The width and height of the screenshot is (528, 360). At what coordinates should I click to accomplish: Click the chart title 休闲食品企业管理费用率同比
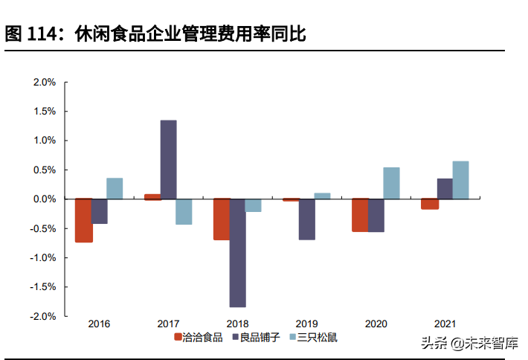190,34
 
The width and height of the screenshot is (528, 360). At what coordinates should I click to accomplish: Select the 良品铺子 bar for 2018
238,253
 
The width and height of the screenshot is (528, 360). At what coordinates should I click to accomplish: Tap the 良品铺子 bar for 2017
169,160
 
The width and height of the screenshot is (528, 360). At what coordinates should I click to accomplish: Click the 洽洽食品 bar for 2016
84,220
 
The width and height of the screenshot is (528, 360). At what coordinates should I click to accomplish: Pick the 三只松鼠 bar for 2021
460,180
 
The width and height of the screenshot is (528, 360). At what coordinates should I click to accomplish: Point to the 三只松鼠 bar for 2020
391,183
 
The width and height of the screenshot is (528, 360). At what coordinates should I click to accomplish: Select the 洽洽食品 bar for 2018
222,219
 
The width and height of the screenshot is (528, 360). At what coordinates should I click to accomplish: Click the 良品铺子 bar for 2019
307,219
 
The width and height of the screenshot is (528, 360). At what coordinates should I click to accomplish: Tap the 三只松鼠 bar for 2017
184,211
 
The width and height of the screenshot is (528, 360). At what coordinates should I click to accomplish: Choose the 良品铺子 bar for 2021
445,189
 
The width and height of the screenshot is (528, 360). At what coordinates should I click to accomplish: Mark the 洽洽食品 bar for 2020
360,215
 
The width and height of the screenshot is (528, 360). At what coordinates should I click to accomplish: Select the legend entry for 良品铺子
255,337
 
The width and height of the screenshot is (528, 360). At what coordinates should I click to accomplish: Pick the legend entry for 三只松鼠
313,337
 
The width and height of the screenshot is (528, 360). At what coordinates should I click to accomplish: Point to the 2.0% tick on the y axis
45,83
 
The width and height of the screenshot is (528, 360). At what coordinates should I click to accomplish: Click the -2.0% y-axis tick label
43,316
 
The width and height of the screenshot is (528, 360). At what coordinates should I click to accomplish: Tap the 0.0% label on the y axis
45,199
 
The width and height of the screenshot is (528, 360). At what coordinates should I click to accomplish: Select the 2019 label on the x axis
307,324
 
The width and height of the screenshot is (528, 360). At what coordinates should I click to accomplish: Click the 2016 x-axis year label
100,324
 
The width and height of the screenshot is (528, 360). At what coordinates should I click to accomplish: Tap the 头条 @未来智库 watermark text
469,343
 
